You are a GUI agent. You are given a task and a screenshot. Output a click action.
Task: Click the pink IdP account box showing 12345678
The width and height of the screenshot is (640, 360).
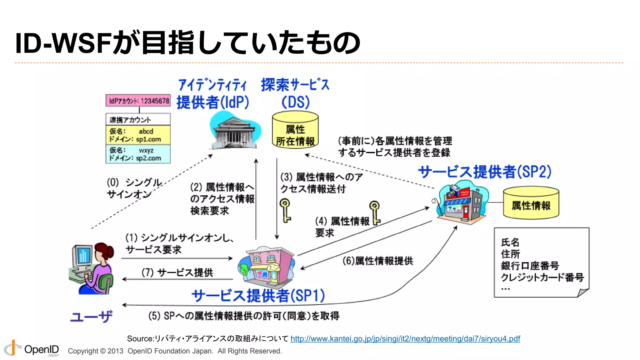(138, 101)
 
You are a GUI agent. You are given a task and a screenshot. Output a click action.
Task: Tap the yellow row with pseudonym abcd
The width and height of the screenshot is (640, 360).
(138, 135)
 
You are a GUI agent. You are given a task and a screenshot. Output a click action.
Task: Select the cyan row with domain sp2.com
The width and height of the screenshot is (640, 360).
(138, 154)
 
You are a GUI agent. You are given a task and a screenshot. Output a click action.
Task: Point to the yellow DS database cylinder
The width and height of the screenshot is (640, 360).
(295, 130)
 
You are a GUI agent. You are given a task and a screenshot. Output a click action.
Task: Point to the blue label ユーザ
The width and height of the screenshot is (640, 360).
(91, 317)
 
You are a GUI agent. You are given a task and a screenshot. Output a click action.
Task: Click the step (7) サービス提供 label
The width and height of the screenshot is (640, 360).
(177, 272)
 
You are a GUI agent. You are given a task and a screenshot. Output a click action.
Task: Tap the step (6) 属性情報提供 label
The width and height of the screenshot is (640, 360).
(378, 261)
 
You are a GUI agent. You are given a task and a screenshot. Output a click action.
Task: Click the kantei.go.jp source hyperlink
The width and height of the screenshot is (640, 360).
(405, 339)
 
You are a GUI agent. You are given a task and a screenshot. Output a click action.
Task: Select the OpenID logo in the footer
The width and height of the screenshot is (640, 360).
(31, 349)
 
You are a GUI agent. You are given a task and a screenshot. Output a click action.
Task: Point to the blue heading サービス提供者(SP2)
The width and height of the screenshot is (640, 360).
(485, 172)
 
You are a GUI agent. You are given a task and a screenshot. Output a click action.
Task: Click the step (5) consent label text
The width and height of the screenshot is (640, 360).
(244, 316)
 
